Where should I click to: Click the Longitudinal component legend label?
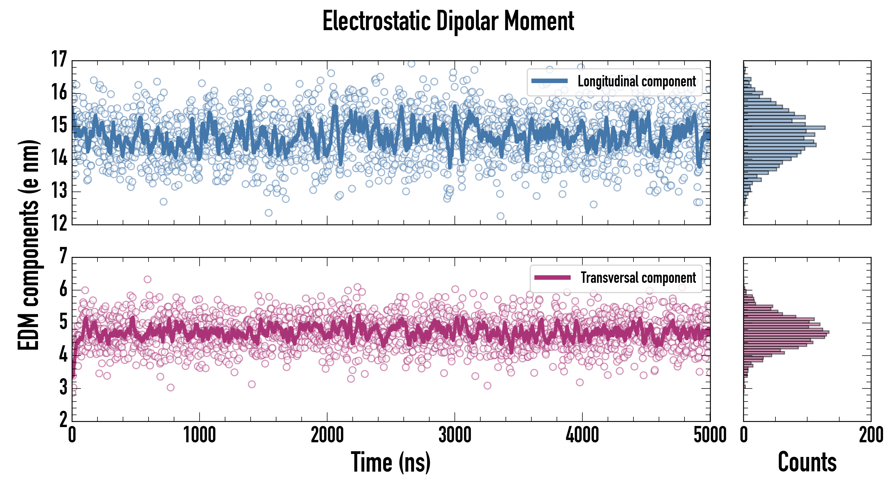coord(636,81)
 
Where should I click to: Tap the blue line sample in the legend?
coord(550,81)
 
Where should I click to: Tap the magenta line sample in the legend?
coord(552,277)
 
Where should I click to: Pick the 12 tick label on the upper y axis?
coord(59,223)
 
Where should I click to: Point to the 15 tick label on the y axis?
coord(59,125)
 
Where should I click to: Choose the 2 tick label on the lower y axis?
coord(63,420)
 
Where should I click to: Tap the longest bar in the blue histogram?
coord(784,128)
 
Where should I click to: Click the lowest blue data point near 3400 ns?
coord(500,216)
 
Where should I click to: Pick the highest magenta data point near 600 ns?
coord(147,279)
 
